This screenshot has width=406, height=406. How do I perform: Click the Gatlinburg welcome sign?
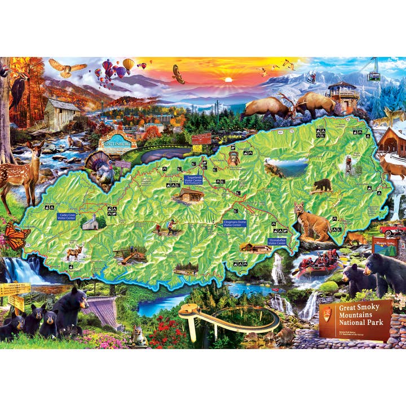point(117,142)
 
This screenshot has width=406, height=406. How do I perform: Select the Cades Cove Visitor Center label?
point(67,217)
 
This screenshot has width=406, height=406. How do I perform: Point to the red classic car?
point(392,230)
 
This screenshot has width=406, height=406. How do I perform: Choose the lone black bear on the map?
point(323,184)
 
